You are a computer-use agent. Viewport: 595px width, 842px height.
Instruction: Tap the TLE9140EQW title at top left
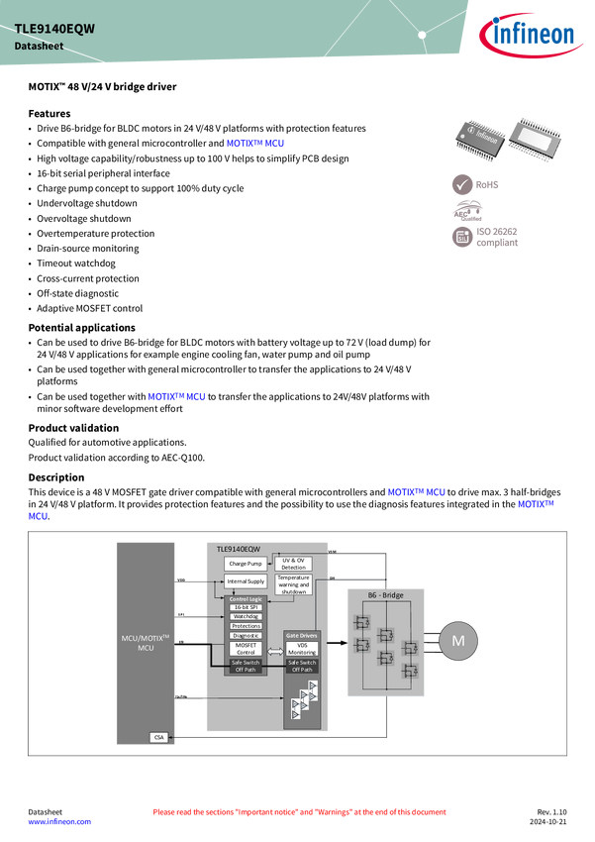click(x=54, y=29)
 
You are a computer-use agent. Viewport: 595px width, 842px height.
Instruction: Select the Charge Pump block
click(x=246, y=564)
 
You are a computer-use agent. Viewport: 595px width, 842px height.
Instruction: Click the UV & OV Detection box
click(x=294, y=564)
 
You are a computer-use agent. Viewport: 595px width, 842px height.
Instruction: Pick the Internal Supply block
click(x=246, y=581)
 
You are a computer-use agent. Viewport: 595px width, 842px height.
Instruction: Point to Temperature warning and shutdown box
click(x=294, y=584)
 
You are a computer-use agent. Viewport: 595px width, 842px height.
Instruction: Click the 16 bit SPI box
click(x=246, y=607)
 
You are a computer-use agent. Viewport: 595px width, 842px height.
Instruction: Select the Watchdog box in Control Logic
click(x=246, y=616)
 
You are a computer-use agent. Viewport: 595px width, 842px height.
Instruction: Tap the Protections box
click(x=246, y=626)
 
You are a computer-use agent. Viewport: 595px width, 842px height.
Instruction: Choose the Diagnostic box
click(x=246, y=635)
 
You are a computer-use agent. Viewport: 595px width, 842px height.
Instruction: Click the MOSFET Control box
click(x=246, y=648)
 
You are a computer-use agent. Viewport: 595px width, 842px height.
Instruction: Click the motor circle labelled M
click(x=457, y=641)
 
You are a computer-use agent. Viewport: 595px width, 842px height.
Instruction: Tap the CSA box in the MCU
click(x=157, y=737)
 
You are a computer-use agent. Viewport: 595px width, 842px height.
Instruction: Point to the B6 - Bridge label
click(x=386, y=594)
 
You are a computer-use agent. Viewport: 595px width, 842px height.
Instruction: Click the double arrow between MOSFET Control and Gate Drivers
click(x=275, y=649)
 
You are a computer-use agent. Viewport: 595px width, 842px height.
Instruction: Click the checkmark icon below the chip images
click(x=462, y=184)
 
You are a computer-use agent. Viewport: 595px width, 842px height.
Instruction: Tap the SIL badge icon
click(x=462, y=237)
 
